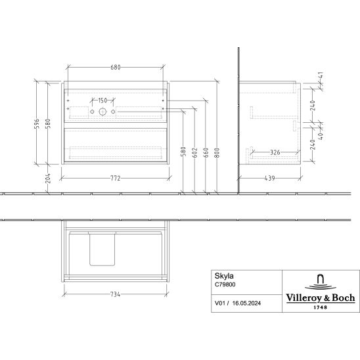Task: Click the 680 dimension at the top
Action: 116,67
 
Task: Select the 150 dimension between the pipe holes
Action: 102,101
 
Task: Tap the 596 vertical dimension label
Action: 37,124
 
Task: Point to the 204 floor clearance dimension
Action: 48,179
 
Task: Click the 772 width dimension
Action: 116,179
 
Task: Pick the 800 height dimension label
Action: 217,152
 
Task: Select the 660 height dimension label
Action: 206,152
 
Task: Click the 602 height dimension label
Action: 194,152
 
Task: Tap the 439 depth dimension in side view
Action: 269,178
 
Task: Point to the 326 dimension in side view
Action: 275,152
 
